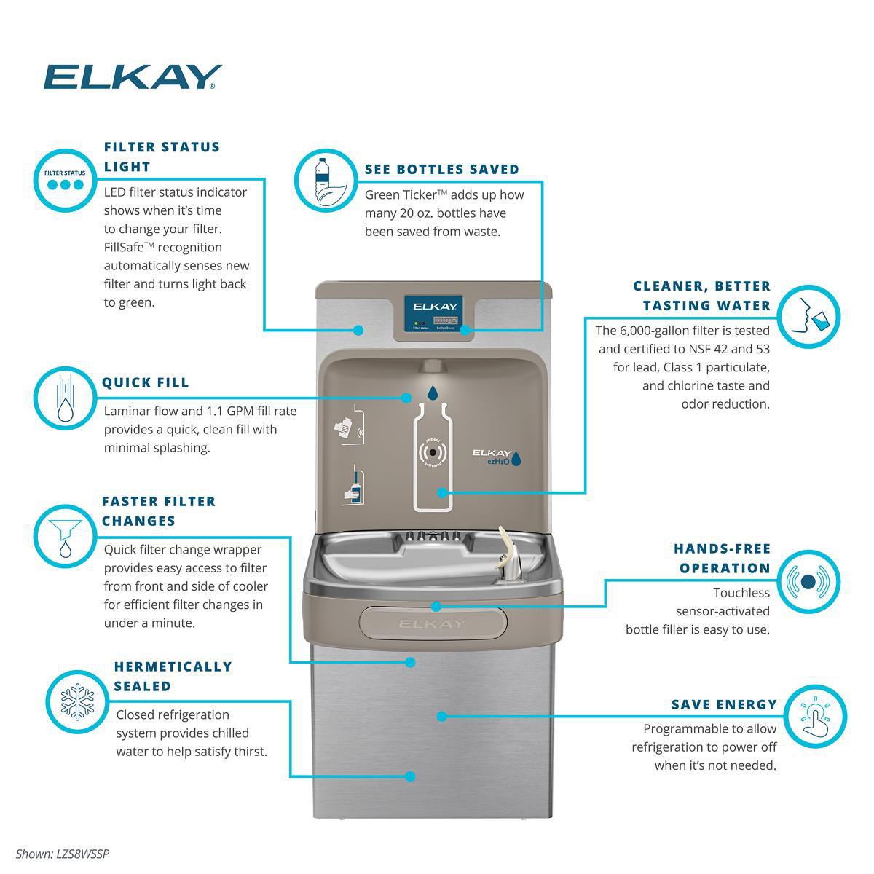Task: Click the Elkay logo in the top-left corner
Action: pos(132,76)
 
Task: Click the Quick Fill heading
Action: pos(146,382)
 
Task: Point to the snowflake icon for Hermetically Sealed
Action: pos(77,701)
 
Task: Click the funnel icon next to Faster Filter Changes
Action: pos(66,536)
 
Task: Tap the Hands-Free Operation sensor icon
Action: pos(808,582)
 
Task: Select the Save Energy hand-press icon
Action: pos(815,716)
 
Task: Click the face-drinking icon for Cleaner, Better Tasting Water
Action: pos(809,317)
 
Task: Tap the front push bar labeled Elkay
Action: pos(432,623)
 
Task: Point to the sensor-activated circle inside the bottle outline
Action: pos(433,452)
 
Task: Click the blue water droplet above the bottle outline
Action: pos(433,393)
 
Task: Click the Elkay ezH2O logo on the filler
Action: pos(495,457)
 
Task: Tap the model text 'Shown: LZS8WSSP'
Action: pos(63,854)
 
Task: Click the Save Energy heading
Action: pos(724,704)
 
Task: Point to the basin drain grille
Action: pos(433,535)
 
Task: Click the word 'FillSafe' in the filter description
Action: pos(127,248)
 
